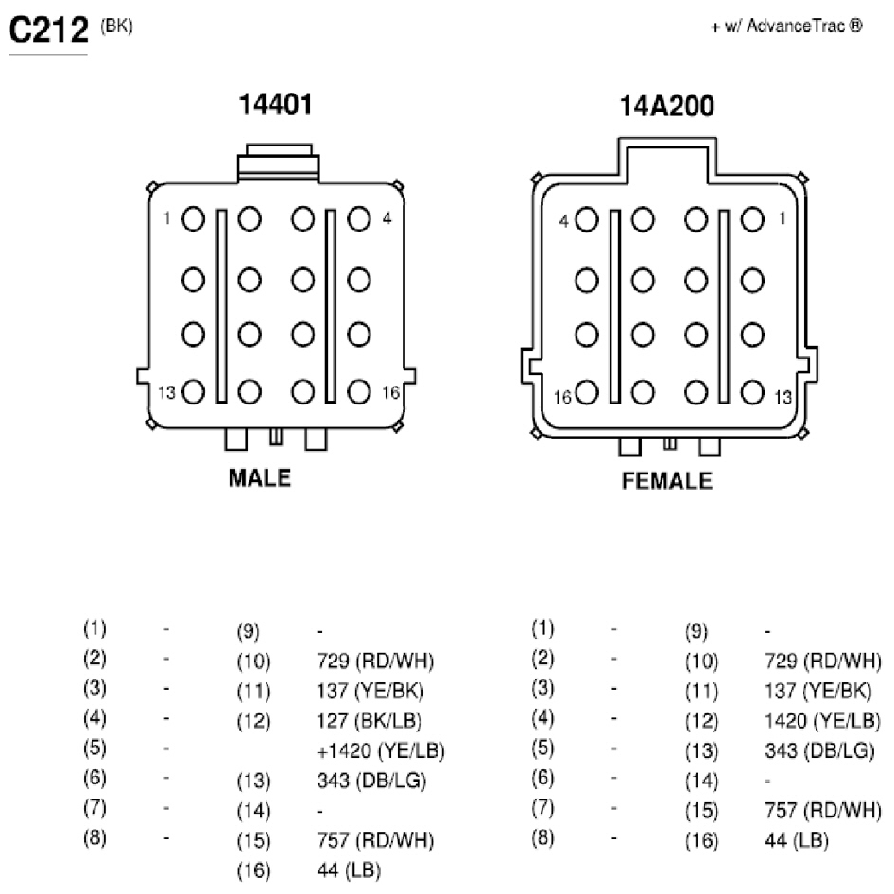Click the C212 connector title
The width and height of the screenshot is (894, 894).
pyautogui.click(x=49, y=29)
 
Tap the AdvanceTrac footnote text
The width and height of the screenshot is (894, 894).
pyautogui.click(x=787, y=26)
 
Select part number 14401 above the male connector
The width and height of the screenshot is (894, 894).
pyautogui.click(x=276, y=105)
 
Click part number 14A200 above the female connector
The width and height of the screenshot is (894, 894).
pyautogui.click(x=666, y=107)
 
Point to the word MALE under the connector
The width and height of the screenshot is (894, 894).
pyautogui.click(x=260, y=478)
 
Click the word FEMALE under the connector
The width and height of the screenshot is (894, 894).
pyautogui.click(x=666, y=481)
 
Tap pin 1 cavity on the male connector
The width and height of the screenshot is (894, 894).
pyautogui.click(x=194, y=219)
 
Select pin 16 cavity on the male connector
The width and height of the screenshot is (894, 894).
pyautogui.click(x=359, y=391)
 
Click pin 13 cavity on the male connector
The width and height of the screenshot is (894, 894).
pyautogui.click(x=194, y=391)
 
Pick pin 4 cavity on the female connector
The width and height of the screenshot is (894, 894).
pyautogui.click(x=587, y=219)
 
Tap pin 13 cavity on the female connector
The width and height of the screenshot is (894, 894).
pyautogui.click(x=752, y=392)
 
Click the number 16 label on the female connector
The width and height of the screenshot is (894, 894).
pyautogui.click(x=562, y=397)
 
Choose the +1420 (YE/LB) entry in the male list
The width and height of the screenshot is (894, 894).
pyautogui.click(x=381, y=751)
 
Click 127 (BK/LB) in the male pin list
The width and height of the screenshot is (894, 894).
pyautogui.click(x=370, y=721)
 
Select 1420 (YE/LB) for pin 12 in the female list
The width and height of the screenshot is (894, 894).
pyautogui.click(x=822, y=721)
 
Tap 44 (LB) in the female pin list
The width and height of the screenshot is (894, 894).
pyautogui.click(x=797, y=840)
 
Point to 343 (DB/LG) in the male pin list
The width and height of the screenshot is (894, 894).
pyautogui.click(x=371, y=781)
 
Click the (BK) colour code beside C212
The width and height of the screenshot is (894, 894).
pyautogui.click(x=116, y=26)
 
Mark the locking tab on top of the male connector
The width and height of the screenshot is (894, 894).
pyautogui.click(x=278, y=163)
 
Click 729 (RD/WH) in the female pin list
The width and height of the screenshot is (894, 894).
pyautogui.click(x=823, y=662)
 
